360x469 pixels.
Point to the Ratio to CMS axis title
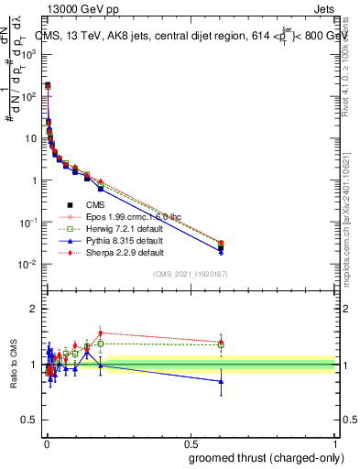click(12, 365)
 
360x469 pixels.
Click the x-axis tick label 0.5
click(191, 442)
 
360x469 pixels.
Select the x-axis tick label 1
click(336, 442)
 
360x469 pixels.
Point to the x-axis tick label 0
click(46, 442)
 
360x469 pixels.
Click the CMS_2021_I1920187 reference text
click(191, 275)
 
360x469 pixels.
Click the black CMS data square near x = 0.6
click(221, 247)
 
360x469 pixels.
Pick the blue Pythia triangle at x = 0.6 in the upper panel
click(221, 251)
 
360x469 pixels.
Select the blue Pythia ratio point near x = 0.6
click(221, 381)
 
